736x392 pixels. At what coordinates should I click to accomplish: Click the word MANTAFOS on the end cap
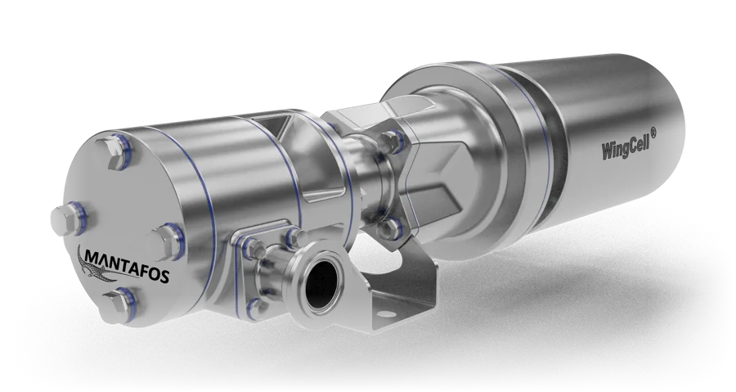(128, 266)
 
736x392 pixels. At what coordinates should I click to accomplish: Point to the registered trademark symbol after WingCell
(653, 133)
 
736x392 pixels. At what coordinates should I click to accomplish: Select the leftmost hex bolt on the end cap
(68, 219)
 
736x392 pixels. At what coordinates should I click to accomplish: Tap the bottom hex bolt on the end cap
(119, 305)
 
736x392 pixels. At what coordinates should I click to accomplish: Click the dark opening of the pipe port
(320, 282)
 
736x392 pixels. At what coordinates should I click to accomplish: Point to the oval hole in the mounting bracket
(384, 314)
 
